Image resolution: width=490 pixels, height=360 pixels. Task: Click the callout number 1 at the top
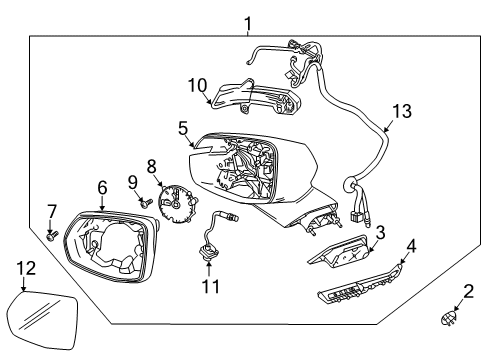pos(247,23)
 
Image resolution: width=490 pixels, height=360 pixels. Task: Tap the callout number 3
pos(379,232)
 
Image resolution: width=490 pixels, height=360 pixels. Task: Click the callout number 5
pos(183,129)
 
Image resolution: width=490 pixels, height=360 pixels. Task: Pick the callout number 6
pos(102,187)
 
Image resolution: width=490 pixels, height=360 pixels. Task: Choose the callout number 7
pos(53,211)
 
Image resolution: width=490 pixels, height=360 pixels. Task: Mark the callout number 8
pos(152,165)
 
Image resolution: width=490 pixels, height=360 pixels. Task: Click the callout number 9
pos(131,181)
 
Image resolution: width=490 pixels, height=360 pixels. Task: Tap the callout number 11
pos(209,287)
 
